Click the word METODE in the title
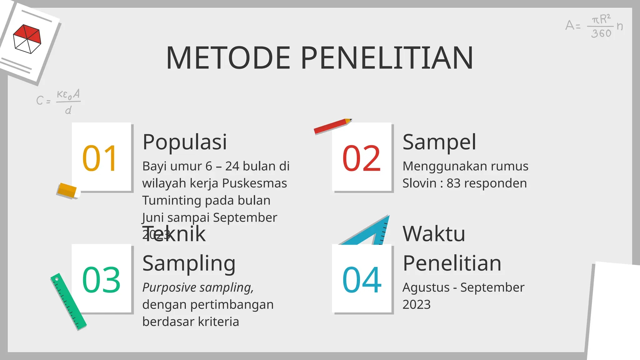[228, 58]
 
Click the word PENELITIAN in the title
[387, 58]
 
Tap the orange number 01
[100, 159]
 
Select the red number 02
[362, 159]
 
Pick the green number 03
[101, 280]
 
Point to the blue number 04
[362, 280]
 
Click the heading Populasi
[184, 142]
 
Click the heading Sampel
[439, 142]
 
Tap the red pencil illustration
[332, 126]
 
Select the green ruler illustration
[68, 302]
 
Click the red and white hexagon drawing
[27, 39]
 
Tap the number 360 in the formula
[601, 33]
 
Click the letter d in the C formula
[68, 110]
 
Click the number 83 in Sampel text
[453, 183]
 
